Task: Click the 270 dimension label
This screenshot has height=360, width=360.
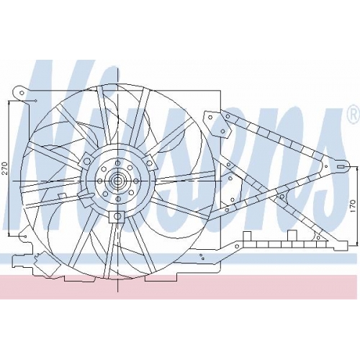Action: pyautogui.click(x=5, y=168)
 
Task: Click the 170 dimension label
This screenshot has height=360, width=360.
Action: pyautogui.click(x=353, y=206)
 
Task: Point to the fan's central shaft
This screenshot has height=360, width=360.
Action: pyautogui.click(x=117, y=181)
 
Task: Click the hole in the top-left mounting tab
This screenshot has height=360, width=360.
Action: pyautogui.click(x=22, y=93)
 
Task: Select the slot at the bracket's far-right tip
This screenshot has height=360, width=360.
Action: pyautogui.click(x=341, y=167)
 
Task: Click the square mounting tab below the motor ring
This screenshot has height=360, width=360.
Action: pyautogui.click(x=117, y=217)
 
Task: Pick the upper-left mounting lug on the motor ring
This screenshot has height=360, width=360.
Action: pyautogui.click(x=86, y=161)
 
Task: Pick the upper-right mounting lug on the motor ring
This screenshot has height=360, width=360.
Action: pyautogui.click(x=149, y=162)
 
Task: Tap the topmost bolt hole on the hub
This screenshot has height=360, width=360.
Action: pyautogui.click(x=117, y=163)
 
